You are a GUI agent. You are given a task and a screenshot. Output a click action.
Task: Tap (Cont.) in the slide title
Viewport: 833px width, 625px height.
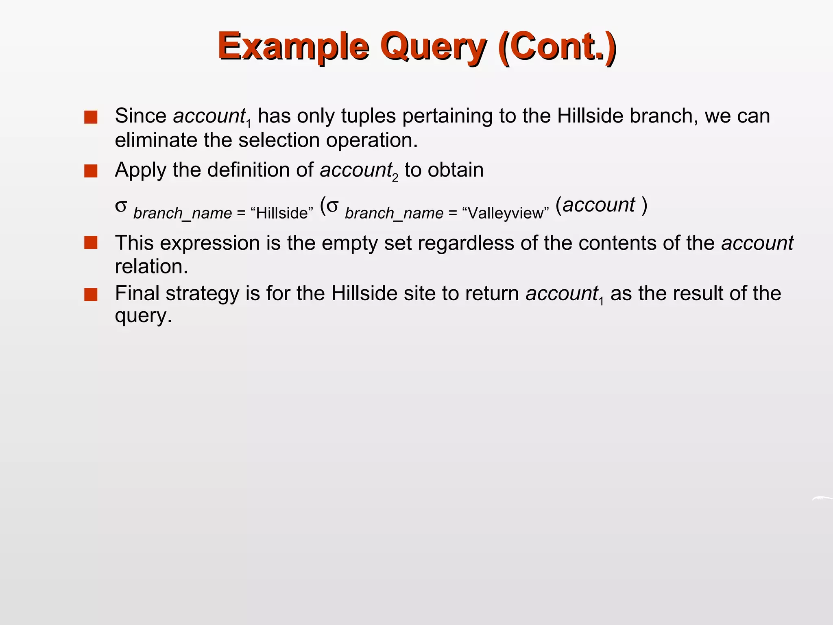click(556, 46)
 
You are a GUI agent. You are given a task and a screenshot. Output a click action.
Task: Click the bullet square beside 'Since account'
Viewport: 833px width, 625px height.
click(91, 117)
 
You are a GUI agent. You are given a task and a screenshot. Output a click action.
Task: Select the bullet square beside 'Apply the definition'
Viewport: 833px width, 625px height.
click(91, 171)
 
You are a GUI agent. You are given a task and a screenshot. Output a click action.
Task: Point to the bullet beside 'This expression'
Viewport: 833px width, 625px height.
click(91, 243)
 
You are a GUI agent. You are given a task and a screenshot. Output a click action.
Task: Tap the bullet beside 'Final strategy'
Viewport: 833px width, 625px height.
click(91, 294)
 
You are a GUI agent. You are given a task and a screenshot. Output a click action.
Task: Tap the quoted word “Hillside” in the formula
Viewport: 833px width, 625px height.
click(282, 213)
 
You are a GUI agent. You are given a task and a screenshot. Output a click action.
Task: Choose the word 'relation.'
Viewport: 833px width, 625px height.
click(151, 267)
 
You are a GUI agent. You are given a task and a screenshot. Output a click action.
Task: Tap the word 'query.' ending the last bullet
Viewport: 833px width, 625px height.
click(144, 316)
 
